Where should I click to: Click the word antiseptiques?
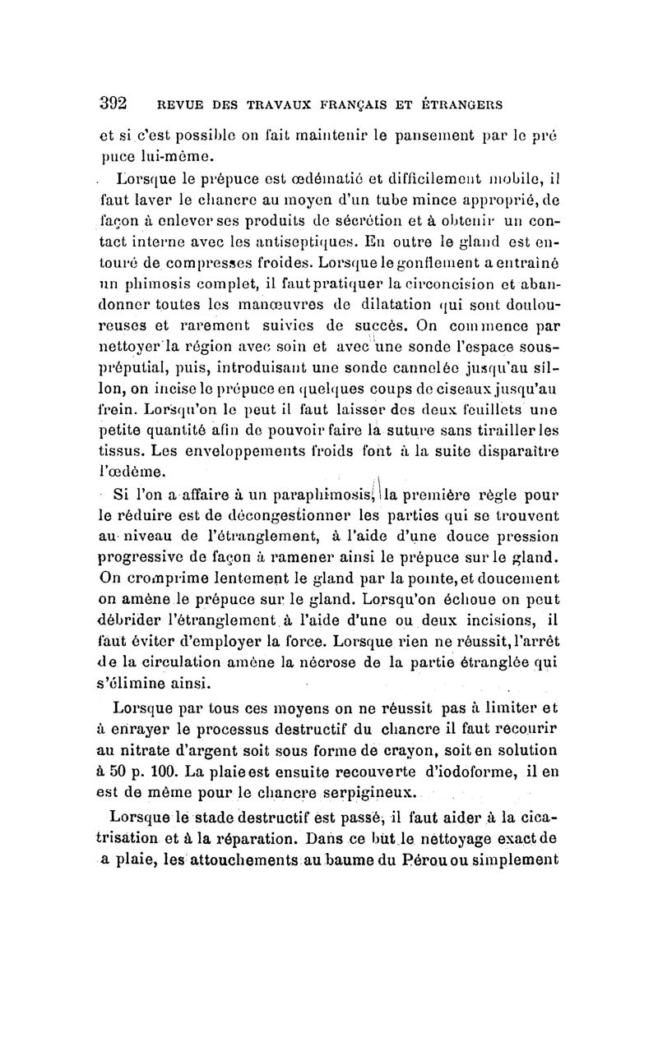coord(350,242)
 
